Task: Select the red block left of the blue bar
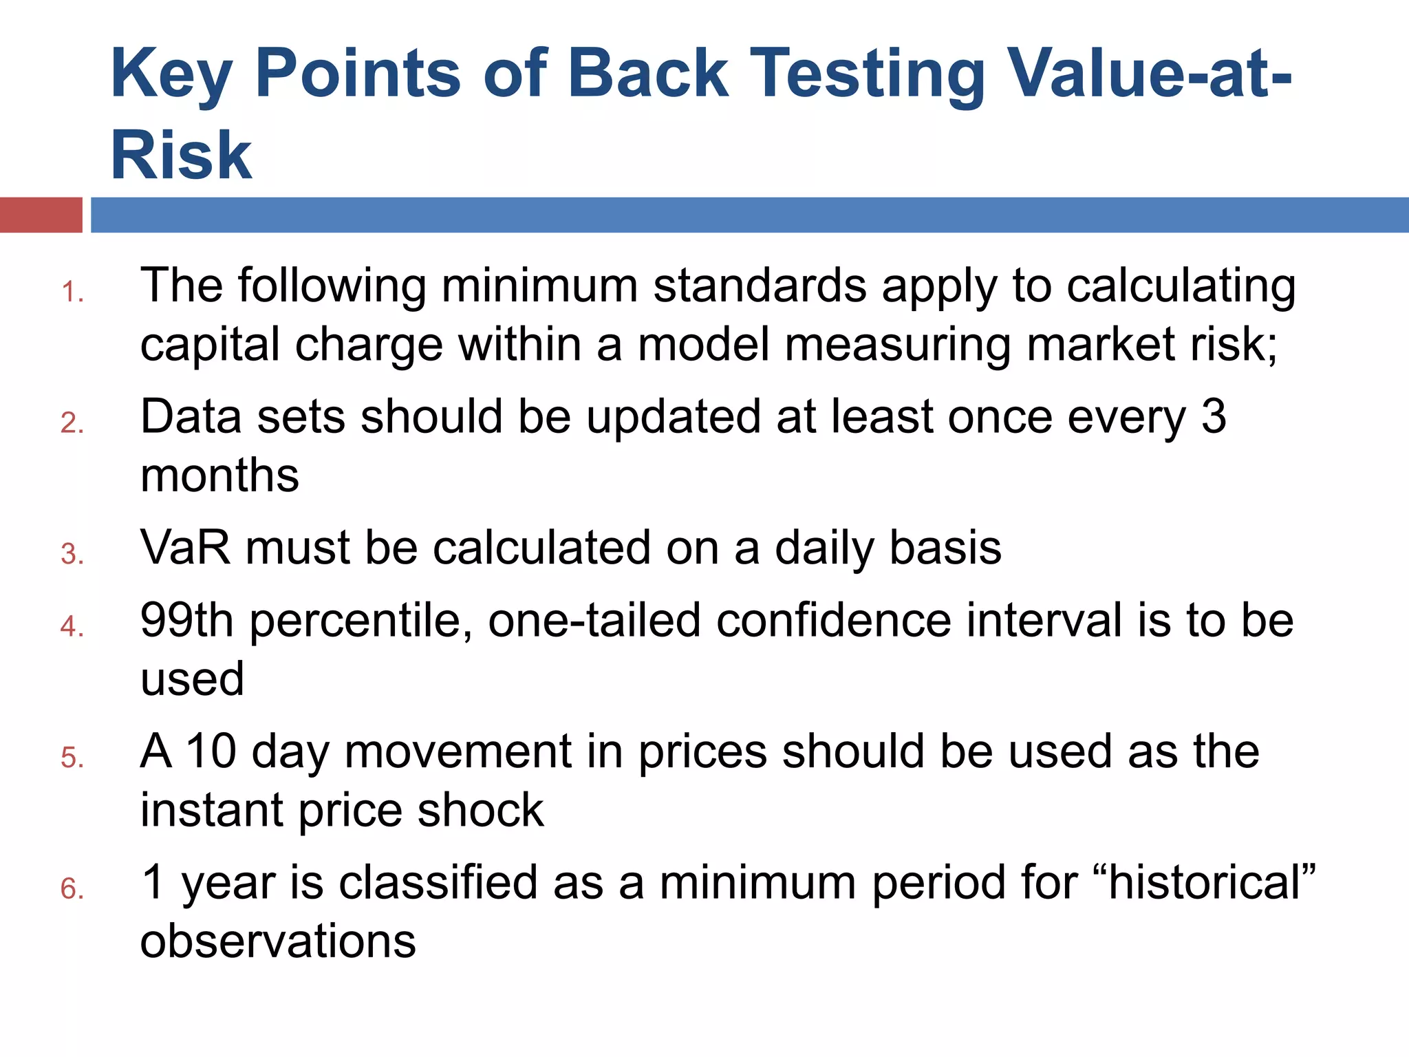(x=41, y=215)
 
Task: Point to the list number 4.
(x=72, y=627)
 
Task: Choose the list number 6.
(x=72, y=889)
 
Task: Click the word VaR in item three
(x=185, y=548)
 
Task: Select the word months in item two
(x=219, y=476)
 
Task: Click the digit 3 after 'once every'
(x=1214, y=416)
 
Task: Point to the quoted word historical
(x=1204, y=882)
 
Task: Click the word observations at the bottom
(x=278, y=941)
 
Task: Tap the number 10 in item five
(x=212, y=751)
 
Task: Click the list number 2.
(x=72, y=423)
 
